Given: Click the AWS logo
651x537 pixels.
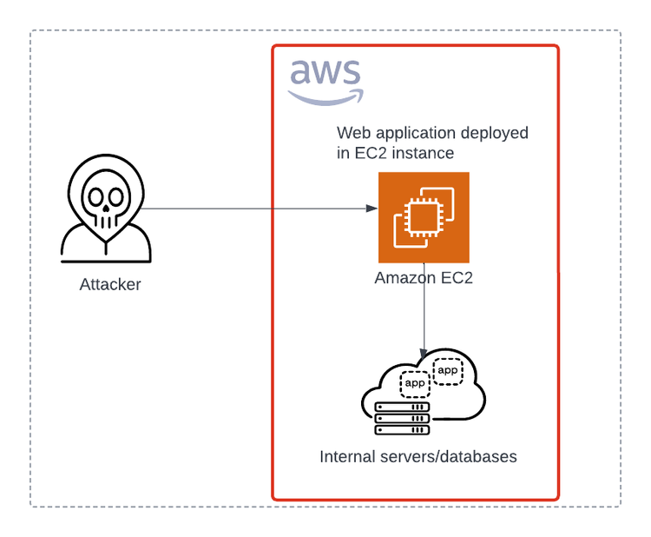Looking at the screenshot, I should pos(325,81).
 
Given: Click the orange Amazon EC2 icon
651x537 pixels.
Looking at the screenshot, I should pos(424,217).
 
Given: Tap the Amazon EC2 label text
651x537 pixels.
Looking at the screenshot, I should pos(424,279).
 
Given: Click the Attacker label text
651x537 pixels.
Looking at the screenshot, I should pos(110,285).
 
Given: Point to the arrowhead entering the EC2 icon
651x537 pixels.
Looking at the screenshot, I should pos(372,209).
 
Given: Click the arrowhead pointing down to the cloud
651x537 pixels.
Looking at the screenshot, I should pos(424,347).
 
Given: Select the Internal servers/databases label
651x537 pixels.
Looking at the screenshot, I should pos(418,457).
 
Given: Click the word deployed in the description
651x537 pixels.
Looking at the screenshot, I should pos(495,134).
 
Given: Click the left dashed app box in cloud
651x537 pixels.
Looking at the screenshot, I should pos(415,383).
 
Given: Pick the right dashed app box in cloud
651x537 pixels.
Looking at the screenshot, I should pos(448,371).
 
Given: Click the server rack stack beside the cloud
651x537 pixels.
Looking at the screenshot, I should pos(402,419).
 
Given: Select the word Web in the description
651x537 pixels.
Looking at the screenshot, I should pos(352,134).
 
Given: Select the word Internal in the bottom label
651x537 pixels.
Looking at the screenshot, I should pos(347,457).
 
